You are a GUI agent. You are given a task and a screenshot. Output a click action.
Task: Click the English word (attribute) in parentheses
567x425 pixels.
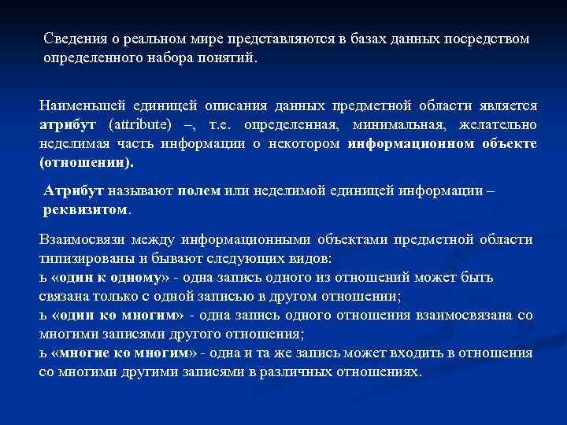tap(142, 126)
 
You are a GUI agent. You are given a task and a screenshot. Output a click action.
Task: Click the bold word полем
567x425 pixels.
tap(198, 191)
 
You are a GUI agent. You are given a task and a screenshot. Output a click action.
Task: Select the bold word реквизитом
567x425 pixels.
tap(85, 210)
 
